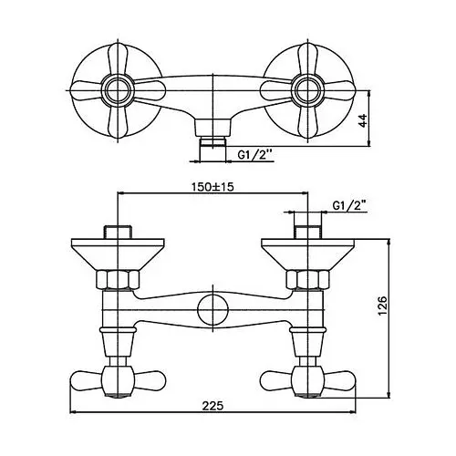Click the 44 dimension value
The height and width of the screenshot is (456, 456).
364,120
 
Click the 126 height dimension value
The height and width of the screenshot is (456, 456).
382,306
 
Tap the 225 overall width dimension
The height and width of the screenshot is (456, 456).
212,405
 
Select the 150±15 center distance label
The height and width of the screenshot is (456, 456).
212,186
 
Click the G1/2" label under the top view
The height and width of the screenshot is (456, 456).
254,155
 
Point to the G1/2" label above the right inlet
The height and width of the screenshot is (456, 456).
349,206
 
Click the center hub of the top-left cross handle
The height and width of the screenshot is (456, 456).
118,90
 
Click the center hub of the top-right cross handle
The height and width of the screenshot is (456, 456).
308,90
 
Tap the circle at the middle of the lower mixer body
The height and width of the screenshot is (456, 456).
212,310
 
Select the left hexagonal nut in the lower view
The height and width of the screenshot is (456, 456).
118,280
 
